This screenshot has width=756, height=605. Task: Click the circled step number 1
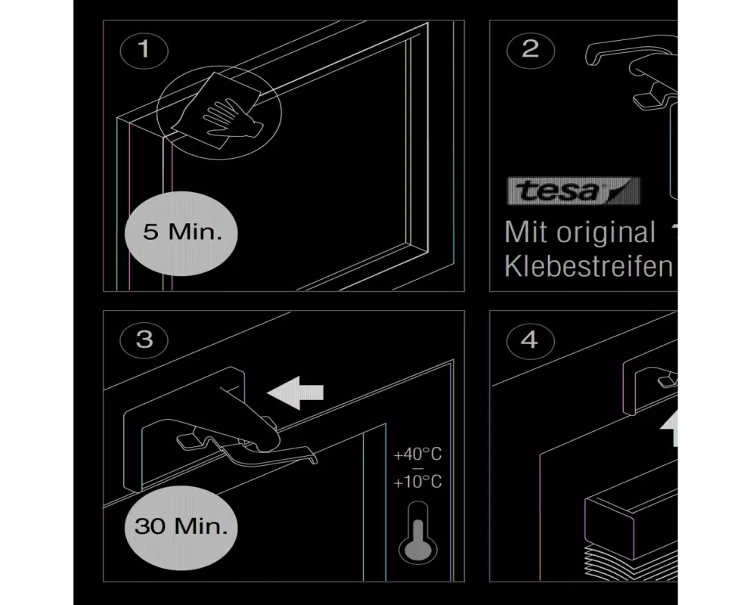144,50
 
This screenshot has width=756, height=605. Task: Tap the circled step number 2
531,50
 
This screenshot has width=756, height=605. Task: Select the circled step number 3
144,340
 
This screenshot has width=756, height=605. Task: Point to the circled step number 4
530,340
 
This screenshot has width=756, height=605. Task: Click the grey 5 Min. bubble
181,233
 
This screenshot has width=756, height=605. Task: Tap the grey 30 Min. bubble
181,527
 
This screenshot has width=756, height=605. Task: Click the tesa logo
573,191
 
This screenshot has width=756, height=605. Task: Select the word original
606,233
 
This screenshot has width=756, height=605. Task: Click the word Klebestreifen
588,266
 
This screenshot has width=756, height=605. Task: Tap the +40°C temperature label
417,455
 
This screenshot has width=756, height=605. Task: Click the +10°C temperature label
417,482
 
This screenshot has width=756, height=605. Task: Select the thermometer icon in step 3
417,533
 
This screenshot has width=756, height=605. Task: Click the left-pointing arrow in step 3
295,392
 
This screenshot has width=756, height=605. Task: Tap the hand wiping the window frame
228,119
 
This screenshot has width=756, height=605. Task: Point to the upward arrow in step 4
670,429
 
